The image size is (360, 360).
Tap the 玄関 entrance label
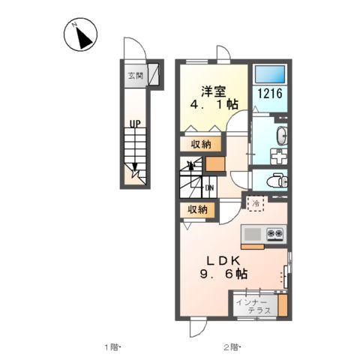(x=135, y=75)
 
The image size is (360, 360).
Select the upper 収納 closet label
(x=199, y=144)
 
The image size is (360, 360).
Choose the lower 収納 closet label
(x=197, y=210)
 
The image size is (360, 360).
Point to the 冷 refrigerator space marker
(x=256, y=202)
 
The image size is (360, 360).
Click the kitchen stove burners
(x=275, y=234)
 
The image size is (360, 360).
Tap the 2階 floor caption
(x=229, y=346)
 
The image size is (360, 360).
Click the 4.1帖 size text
(x=212, y=106)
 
